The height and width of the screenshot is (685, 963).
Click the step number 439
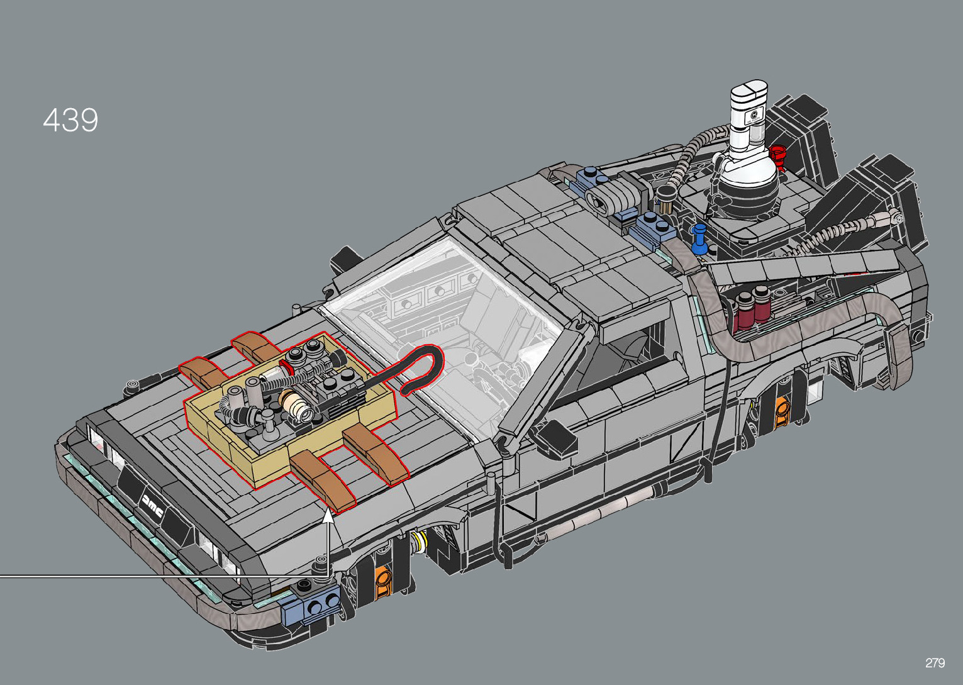point(70,120)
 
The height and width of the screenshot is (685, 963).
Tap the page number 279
point(935,662)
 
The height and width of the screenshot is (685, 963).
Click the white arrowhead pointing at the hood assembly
point(328,515)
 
